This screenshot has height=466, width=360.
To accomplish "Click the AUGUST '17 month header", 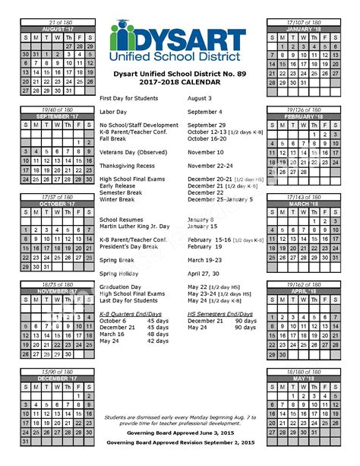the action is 58,28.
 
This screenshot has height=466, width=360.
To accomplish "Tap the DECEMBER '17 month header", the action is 58,377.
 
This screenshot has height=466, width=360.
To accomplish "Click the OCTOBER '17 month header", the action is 58,203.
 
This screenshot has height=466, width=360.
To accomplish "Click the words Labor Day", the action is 114,112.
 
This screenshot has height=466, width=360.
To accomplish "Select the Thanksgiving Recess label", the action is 127,166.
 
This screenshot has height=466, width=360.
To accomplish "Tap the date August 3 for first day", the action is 200,99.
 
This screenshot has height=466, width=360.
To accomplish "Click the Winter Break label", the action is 119,199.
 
